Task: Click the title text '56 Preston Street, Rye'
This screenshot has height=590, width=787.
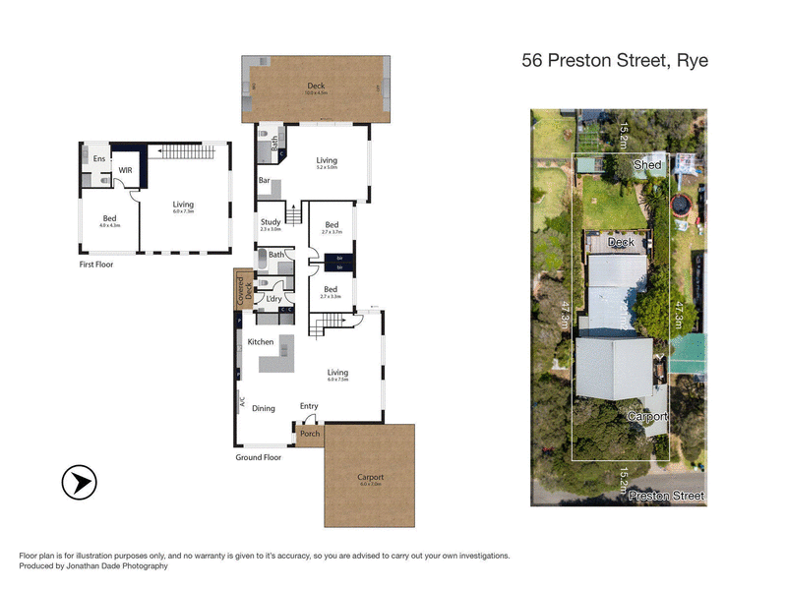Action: point(615,60)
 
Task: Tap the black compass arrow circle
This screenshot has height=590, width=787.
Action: point(80,484)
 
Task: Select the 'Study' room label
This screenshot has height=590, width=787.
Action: point(271,222)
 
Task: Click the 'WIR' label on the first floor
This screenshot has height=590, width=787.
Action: point(126,170)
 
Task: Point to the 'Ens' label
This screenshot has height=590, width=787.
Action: point(99,158)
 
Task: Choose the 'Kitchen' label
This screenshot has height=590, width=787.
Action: point(261,341)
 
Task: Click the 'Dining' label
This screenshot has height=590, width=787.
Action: point(264,408)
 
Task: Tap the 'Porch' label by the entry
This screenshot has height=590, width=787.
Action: point(310,434)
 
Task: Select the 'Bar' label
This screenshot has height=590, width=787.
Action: point(265,181)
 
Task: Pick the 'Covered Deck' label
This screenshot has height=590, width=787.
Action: point(240,289)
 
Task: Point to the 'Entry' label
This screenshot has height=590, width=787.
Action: point(310,406)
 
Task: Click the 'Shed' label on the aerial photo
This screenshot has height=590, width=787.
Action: point(647,165)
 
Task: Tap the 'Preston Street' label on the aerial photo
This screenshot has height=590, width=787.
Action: point(667,496)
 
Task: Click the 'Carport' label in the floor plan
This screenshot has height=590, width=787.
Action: point(370,478)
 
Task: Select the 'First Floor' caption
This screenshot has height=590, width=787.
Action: point(102,265)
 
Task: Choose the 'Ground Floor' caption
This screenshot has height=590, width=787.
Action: point(259,457)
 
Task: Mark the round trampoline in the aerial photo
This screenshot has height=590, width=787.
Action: point(680,206)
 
